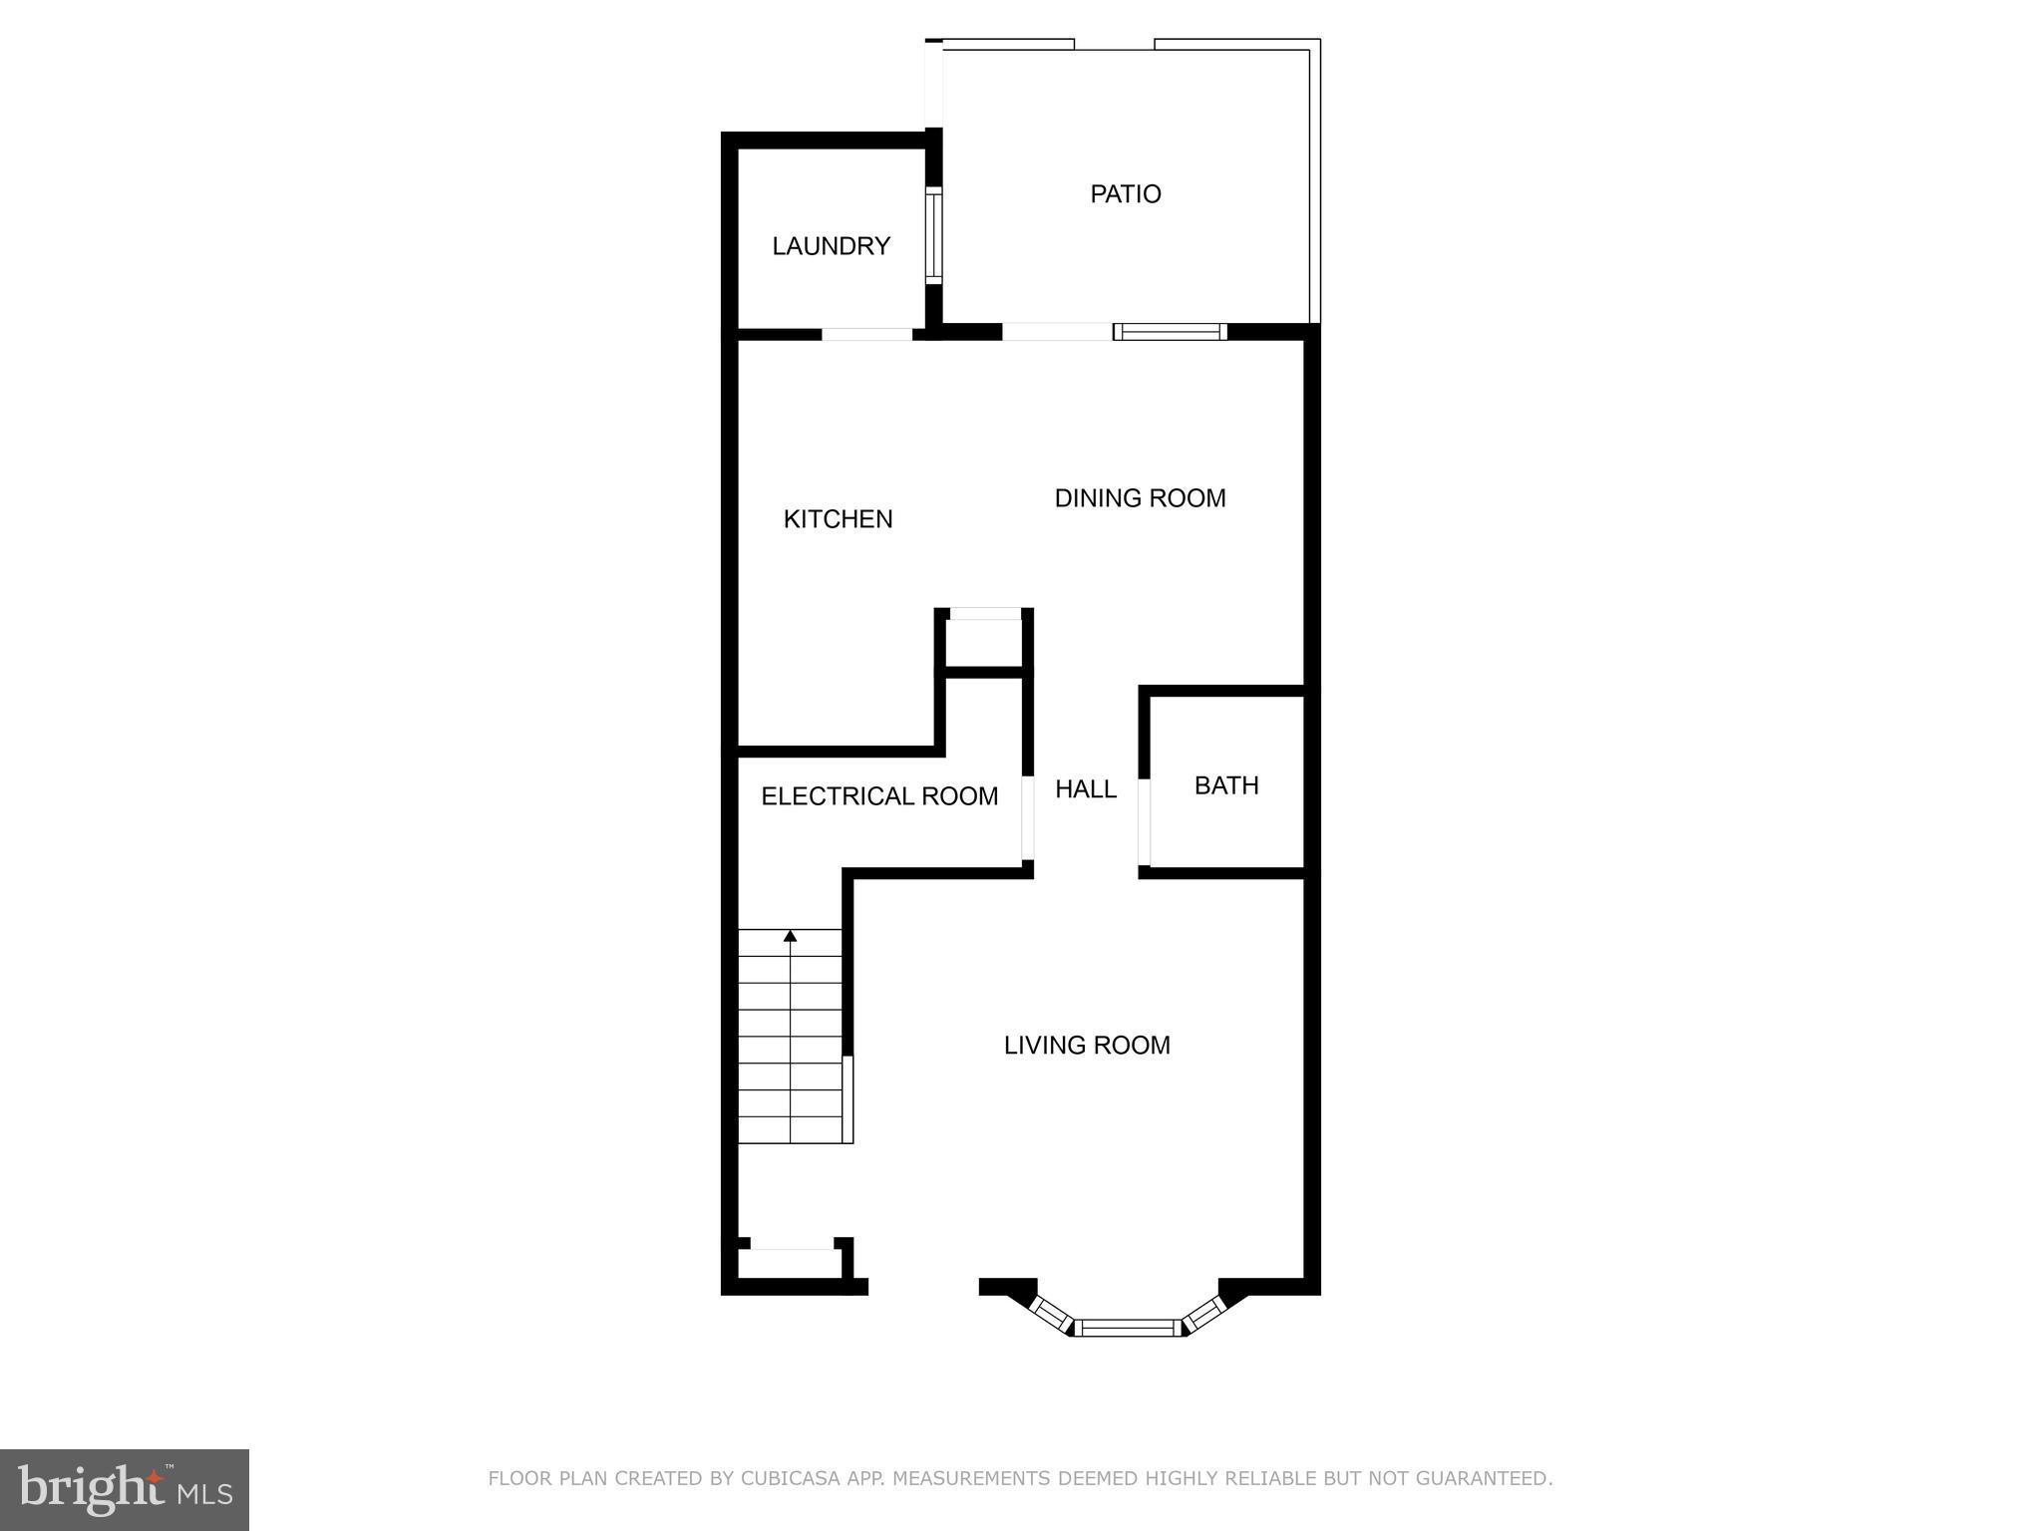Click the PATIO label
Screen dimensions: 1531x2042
[x=1125, y=193]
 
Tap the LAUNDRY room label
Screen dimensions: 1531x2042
[x=831, y=246]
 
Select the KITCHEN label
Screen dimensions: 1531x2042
[x=838, y=518]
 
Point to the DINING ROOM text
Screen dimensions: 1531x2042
[x=1140, y=498]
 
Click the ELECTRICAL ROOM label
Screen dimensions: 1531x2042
[x=878, y=796]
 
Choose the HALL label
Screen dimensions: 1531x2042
[x=1085, y=789]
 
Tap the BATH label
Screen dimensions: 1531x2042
[x=1225, y=785]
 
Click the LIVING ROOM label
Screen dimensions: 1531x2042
[x=1086, y=1046]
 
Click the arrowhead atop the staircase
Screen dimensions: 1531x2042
[x=790, y=936]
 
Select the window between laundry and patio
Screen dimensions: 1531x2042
[x=933, y=235]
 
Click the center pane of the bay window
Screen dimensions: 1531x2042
[x=1127, y=1327]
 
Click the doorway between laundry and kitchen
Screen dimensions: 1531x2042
[x=866, y=334]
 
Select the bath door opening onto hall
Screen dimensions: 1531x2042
[x=1145, y=821]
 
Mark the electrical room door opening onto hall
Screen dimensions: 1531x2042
[x=1027, y=817]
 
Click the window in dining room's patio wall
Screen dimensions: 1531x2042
[x=1170, y=332]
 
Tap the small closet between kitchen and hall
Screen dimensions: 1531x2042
[x=984, y=643]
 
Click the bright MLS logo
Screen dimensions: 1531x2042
[x=125, y=1489]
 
